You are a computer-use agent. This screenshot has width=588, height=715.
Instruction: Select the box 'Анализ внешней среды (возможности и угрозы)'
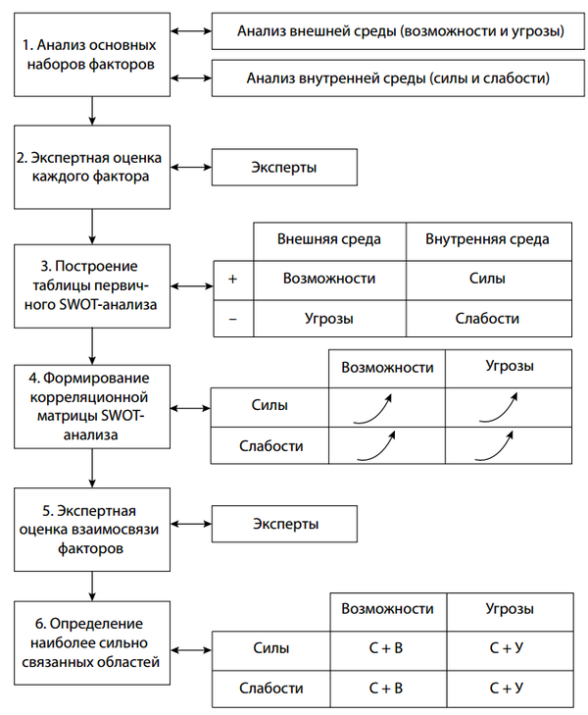coord(400,31)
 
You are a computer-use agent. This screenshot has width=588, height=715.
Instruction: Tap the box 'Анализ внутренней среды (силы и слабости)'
coord(400,77)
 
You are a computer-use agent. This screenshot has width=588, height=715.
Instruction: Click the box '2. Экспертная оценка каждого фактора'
coord(92,167)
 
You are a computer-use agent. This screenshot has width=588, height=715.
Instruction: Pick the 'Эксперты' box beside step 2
coord(284,167)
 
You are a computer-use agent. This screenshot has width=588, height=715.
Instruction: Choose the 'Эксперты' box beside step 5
coord(284,523)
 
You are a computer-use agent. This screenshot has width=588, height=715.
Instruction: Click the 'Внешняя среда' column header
coord(328,239)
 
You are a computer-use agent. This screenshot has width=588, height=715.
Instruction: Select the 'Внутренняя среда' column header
coord(486,239)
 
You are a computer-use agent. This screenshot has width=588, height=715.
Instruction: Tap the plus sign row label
coord(232,279)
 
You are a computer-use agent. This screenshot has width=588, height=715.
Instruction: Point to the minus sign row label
coord(232,318)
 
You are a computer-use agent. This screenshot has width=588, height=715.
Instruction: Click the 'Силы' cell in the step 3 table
coord(486,279)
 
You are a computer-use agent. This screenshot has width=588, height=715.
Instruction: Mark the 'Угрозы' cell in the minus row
coord(328,318)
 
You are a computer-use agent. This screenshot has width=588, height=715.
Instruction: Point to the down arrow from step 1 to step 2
coord(92,110)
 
